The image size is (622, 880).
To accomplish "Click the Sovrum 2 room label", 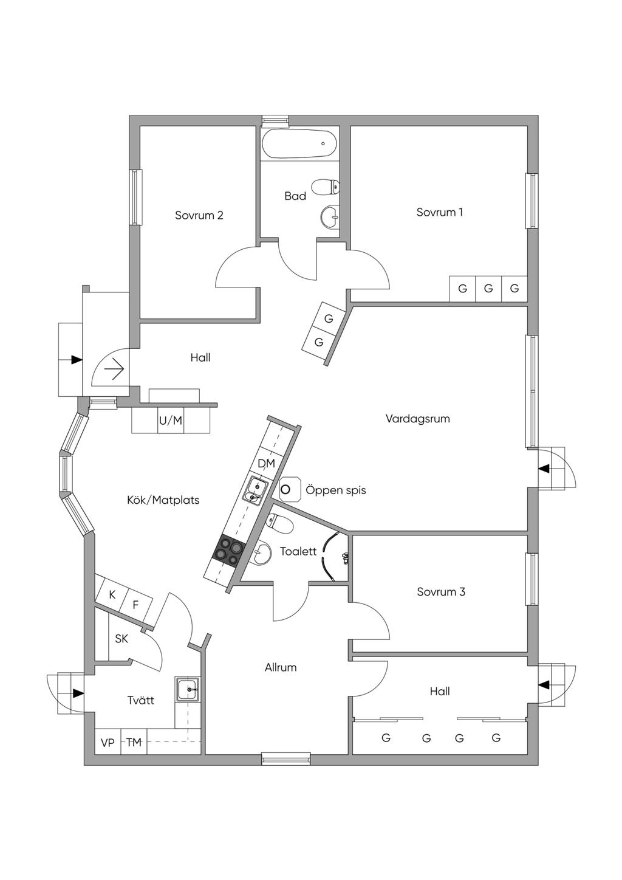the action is (x=199, y=215).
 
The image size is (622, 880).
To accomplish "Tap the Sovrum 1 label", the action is (x=439, y=212).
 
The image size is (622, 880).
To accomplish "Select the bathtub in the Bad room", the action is (x=299, y=144).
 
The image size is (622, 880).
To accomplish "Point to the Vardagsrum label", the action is (x=417, y=418).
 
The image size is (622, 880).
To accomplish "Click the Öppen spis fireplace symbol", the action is (x=290, y=489).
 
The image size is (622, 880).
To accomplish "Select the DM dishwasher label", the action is (x=266, y=464).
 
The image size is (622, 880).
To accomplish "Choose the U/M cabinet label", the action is (x=171, y=421).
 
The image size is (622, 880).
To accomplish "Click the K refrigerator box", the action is (x=112, y=595).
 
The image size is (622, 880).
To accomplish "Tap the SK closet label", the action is (x=121, y=639).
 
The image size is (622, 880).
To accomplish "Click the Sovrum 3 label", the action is (x=441, y=592).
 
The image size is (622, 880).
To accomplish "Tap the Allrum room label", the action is (x=281, y=667).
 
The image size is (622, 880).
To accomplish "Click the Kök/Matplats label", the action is (x=163, y=500).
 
